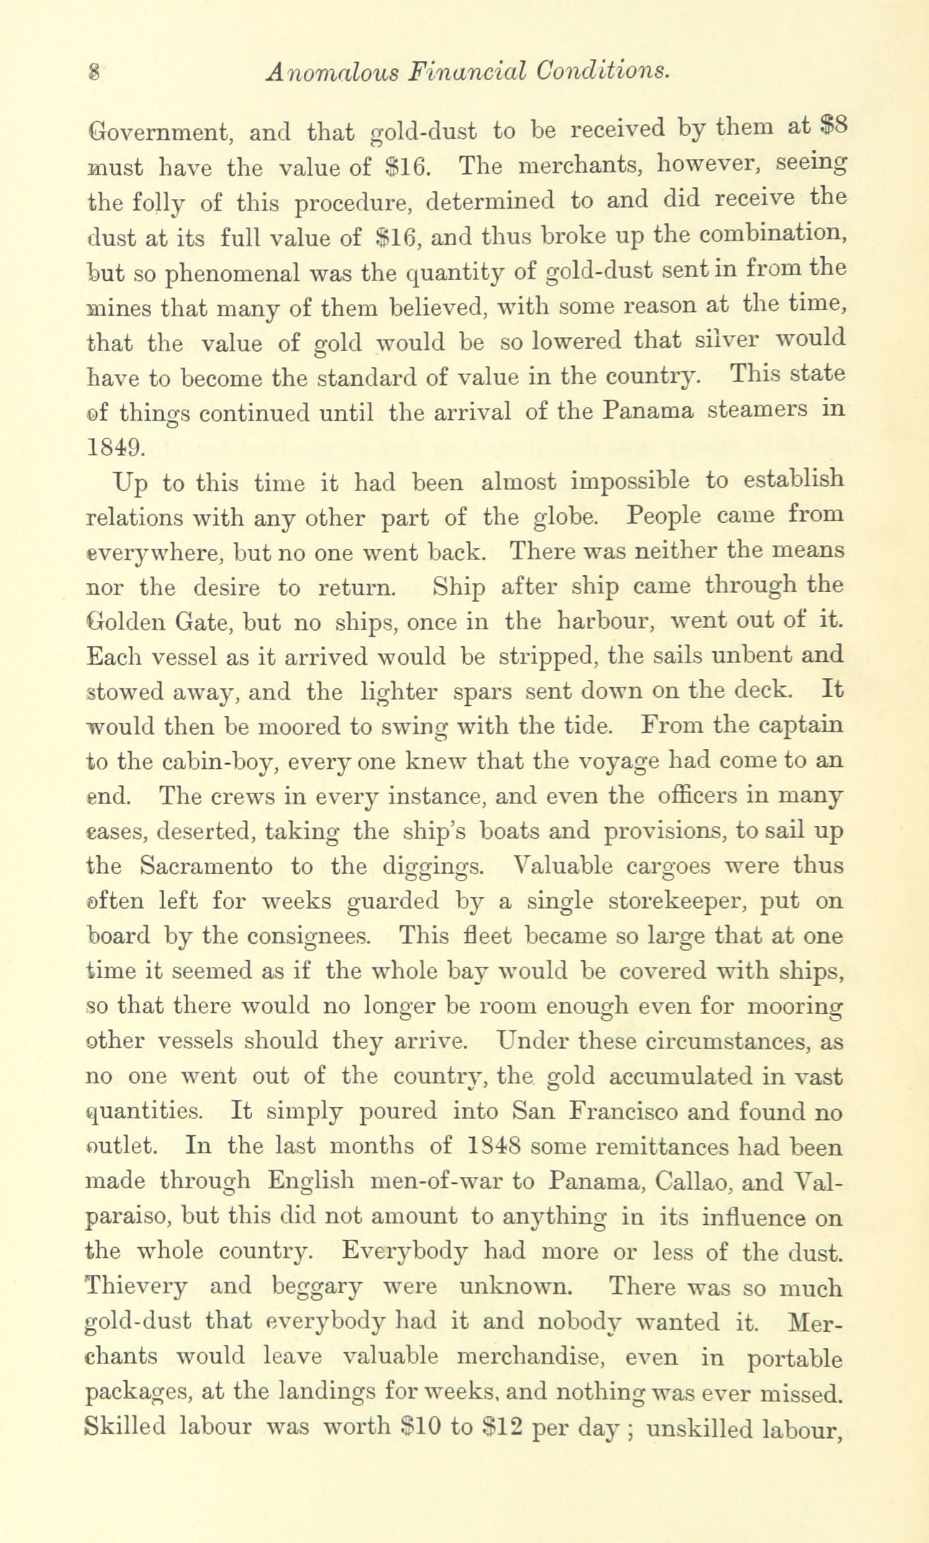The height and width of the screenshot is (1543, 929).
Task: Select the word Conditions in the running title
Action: [603, 71]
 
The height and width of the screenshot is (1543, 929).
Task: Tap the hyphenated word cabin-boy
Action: [218, 762]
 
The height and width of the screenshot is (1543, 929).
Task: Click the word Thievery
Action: [136, 1287]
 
